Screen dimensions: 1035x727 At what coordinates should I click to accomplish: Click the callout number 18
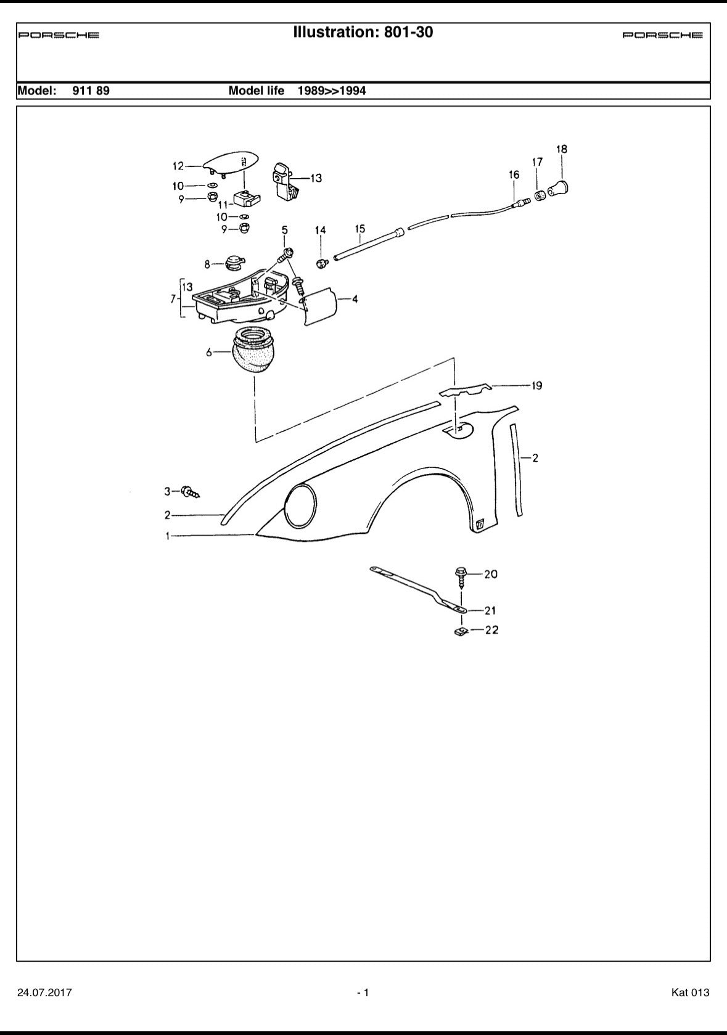pos(562,149)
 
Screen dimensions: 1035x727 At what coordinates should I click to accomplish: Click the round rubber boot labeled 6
pos(253,351)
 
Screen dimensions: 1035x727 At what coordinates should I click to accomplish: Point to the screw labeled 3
pos(190,492)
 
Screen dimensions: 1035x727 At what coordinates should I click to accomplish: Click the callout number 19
pos(536,386)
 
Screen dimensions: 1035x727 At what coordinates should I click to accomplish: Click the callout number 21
pos(490,611)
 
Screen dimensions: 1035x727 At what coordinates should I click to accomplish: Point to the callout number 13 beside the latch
pos(316,179)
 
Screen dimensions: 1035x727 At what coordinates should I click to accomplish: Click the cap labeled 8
pos(234,263)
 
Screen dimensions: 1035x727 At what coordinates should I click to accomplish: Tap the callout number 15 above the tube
pos(360,229)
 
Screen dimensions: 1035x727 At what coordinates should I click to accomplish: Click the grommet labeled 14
pos(321,264)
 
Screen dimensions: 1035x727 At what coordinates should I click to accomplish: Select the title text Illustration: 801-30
pos(363,32)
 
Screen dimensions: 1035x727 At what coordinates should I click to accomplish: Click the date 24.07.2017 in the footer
pos(44,992)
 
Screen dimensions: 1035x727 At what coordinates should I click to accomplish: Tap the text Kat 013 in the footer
pos(690,992)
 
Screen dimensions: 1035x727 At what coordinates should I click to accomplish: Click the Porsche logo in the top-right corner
pos(662,35)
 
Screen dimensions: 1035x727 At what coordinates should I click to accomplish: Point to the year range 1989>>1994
pos(332,91)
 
